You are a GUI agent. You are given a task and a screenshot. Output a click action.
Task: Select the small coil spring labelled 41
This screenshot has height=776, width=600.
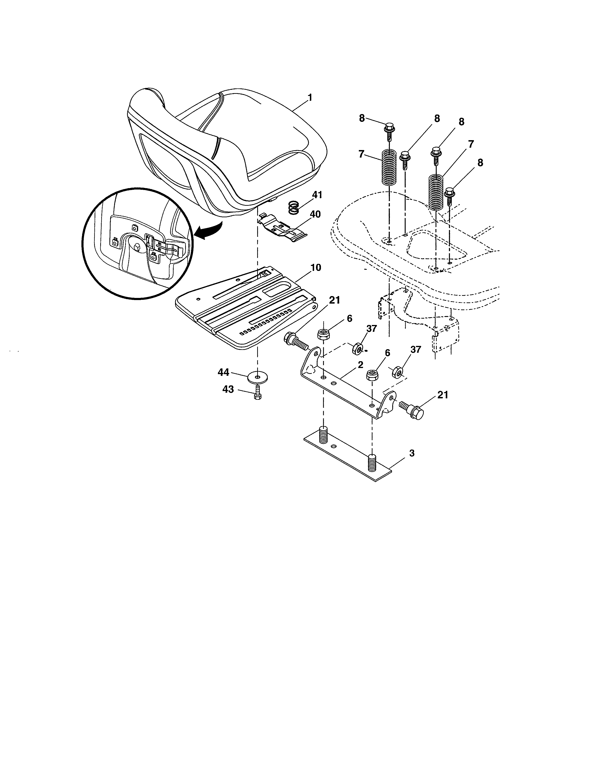pos(294,207)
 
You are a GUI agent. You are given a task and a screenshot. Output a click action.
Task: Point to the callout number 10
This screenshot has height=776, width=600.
pos(315,268)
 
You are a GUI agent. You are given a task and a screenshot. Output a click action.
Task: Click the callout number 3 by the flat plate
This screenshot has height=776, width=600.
pos(412,453)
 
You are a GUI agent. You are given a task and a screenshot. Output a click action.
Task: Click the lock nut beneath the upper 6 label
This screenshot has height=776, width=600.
pos(323,334)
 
